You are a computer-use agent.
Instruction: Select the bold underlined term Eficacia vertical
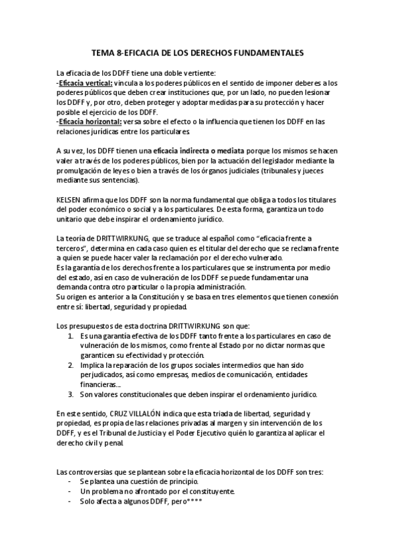(86, 84)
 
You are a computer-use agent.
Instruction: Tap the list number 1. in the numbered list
(71, 337)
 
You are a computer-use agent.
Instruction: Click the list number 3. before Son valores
(71, 394)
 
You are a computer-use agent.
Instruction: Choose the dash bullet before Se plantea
(70, 481)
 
